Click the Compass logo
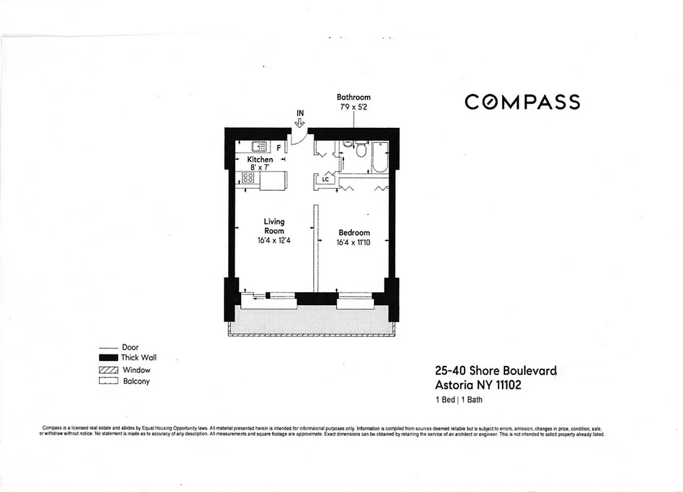point(522,101)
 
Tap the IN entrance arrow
point(300,122)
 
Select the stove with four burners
point(249,178)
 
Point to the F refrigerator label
point(279,148)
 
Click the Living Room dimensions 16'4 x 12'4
point(274,240)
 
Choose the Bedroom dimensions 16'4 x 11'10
point(354,243)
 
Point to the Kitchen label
point(260,159)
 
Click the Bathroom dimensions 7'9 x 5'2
point(354,106)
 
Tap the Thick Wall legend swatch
point(108,358)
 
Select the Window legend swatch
point(108,370)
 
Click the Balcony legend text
point(136,381)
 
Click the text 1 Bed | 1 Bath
point(459,400)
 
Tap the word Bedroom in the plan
point(354,232)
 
